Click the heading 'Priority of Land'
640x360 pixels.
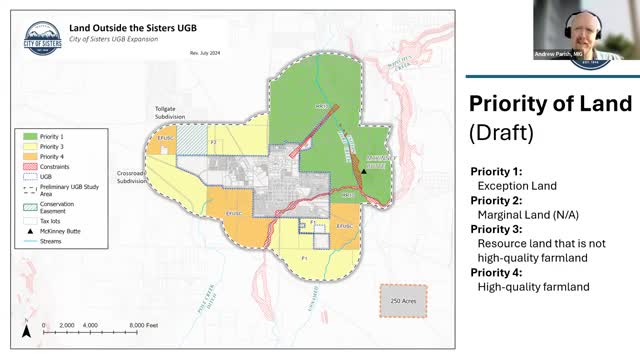point(550,104)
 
